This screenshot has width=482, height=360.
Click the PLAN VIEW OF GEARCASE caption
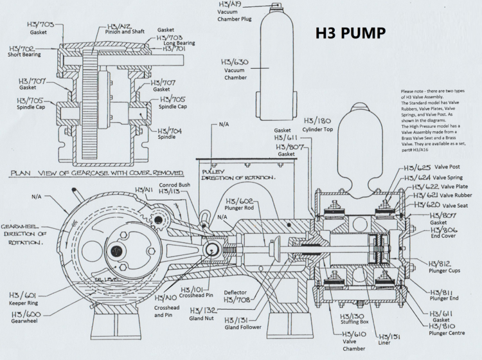(96, 174)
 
